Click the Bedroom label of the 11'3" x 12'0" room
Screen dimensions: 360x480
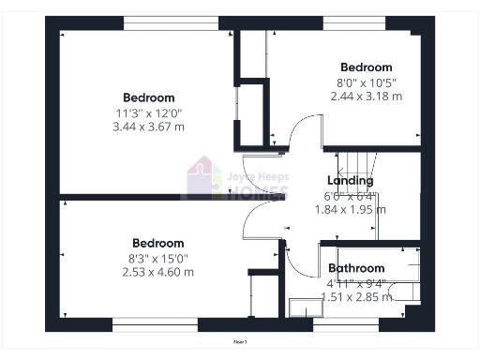(x=149, y=97)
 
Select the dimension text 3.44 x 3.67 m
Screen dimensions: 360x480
(x=149, y=126)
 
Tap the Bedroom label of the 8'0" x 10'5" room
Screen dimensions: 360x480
(x=366, y=67)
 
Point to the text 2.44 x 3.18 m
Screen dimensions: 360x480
(x=366, y=96)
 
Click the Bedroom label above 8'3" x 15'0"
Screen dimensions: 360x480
(x=157, y=244)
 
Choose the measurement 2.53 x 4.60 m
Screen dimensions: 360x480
(x=157, y=272)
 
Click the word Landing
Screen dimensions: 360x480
(x=351, y=181)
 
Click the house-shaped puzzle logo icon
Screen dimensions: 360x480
(x=204, y=178)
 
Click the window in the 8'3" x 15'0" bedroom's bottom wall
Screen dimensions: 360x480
(x=155, y=326)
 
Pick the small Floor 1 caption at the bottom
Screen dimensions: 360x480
(x=240, y=342)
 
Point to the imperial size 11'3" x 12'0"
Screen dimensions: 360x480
(x=149, y=112)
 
